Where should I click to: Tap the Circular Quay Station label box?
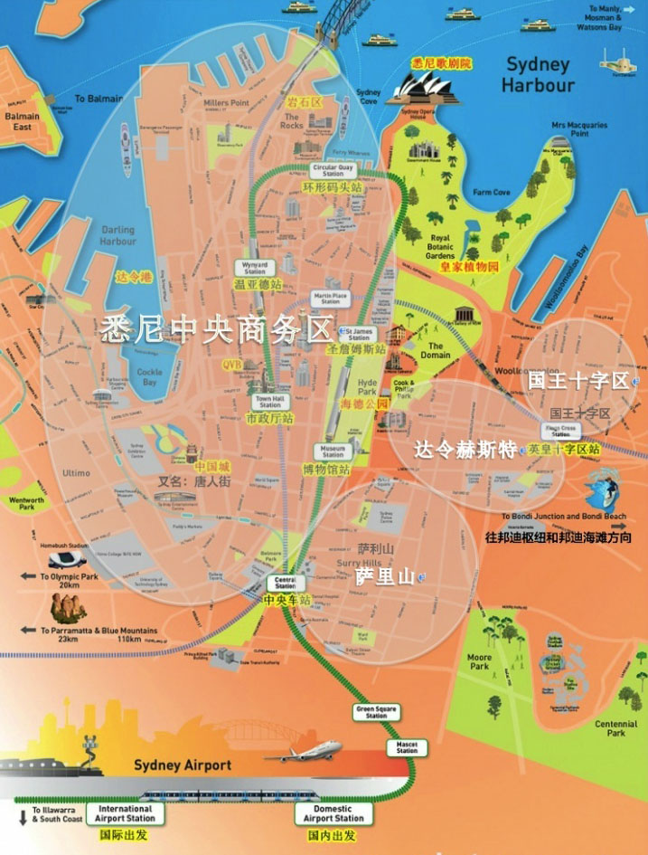pos(333,170)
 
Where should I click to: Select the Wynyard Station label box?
pos(254,268)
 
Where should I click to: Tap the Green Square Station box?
pos(376,712)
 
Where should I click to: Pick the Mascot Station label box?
pos(407,747)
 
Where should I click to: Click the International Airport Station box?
pos(126,813)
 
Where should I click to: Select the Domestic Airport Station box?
pos(333,813)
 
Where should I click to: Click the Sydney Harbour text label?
pos(539,75)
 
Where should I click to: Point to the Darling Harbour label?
pos(118,236)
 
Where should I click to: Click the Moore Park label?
pos(479,661)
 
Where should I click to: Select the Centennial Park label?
pos(615,728)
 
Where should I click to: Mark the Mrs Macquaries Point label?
pos(579,129)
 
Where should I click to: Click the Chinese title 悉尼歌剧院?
pos(441,63)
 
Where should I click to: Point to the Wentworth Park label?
pos(26,503)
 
